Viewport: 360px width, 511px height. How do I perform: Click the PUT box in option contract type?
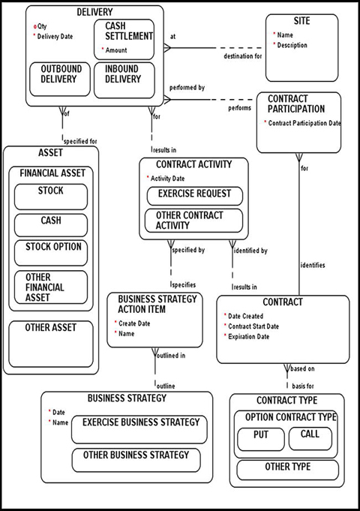pos(260,438)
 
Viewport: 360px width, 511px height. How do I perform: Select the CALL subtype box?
pos(310,438)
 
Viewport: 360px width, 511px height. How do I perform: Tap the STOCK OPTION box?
pos(51,252)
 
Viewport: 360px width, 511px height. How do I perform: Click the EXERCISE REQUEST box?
pos(194,194)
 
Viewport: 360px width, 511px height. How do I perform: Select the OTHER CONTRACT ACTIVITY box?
pos(194,221)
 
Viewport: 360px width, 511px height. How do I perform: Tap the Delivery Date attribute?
pos(55,35)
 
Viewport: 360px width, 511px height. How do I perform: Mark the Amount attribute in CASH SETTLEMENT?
pos(117,50)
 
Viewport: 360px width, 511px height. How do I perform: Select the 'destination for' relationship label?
pos(242,56)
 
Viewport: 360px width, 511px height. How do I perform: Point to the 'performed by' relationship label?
pos(187,88)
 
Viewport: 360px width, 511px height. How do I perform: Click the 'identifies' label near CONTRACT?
pos(313,265)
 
